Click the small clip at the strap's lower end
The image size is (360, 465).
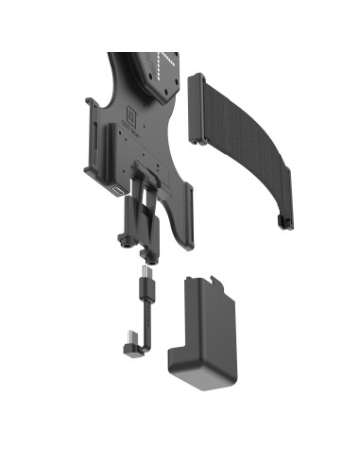point(283,222)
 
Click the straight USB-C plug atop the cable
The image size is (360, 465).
point(145,280)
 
